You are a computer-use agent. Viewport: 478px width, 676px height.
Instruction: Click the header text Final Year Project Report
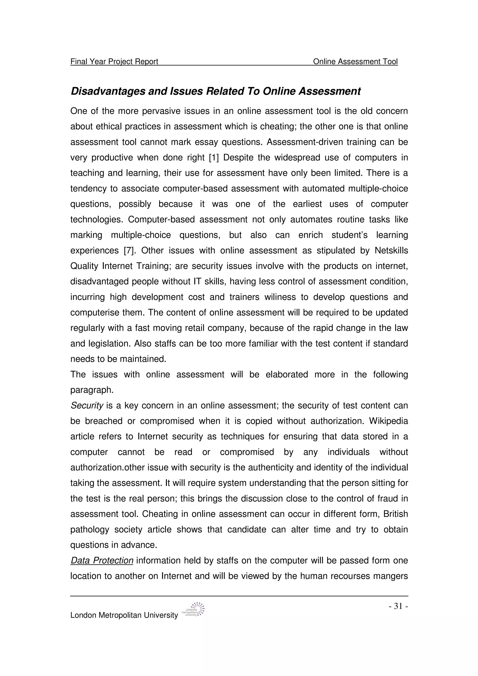[114, 62]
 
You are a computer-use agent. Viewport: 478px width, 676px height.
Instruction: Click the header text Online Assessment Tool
[355, 62]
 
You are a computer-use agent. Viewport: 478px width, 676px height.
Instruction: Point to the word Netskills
[391, 251]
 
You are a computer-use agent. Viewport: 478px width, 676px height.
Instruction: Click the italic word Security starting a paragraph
[87, 406]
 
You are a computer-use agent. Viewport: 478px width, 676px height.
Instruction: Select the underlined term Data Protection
[102, 561]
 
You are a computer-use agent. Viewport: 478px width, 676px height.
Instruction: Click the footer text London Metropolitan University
[124, 615]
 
